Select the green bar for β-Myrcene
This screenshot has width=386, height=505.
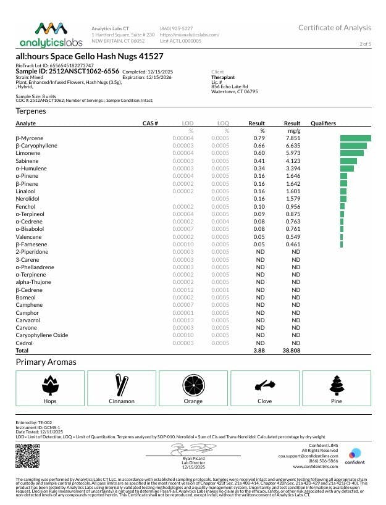(x=355, y=138)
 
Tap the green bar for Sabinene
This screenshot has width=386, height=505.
(x=348, y=161)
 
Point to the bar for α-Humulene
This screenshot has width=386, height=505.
(x=346, y=169)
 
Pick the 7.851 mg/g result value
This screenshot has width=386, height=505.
(x=292, y=138)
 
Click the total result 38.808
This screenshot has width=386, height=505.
(x=291, y=350)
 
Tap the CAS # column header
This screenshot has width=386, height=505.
(x=151, y=123)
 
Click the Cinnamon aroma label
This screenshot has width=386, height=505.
(x=122, y=401)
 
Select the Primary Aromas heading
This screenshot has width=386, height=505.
(x=46, y=362)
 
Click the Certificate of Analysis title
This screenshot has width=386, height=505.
(x=335, y=28)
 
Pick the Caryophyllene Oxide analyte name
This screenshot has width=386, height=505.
(x=42, y=335)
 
